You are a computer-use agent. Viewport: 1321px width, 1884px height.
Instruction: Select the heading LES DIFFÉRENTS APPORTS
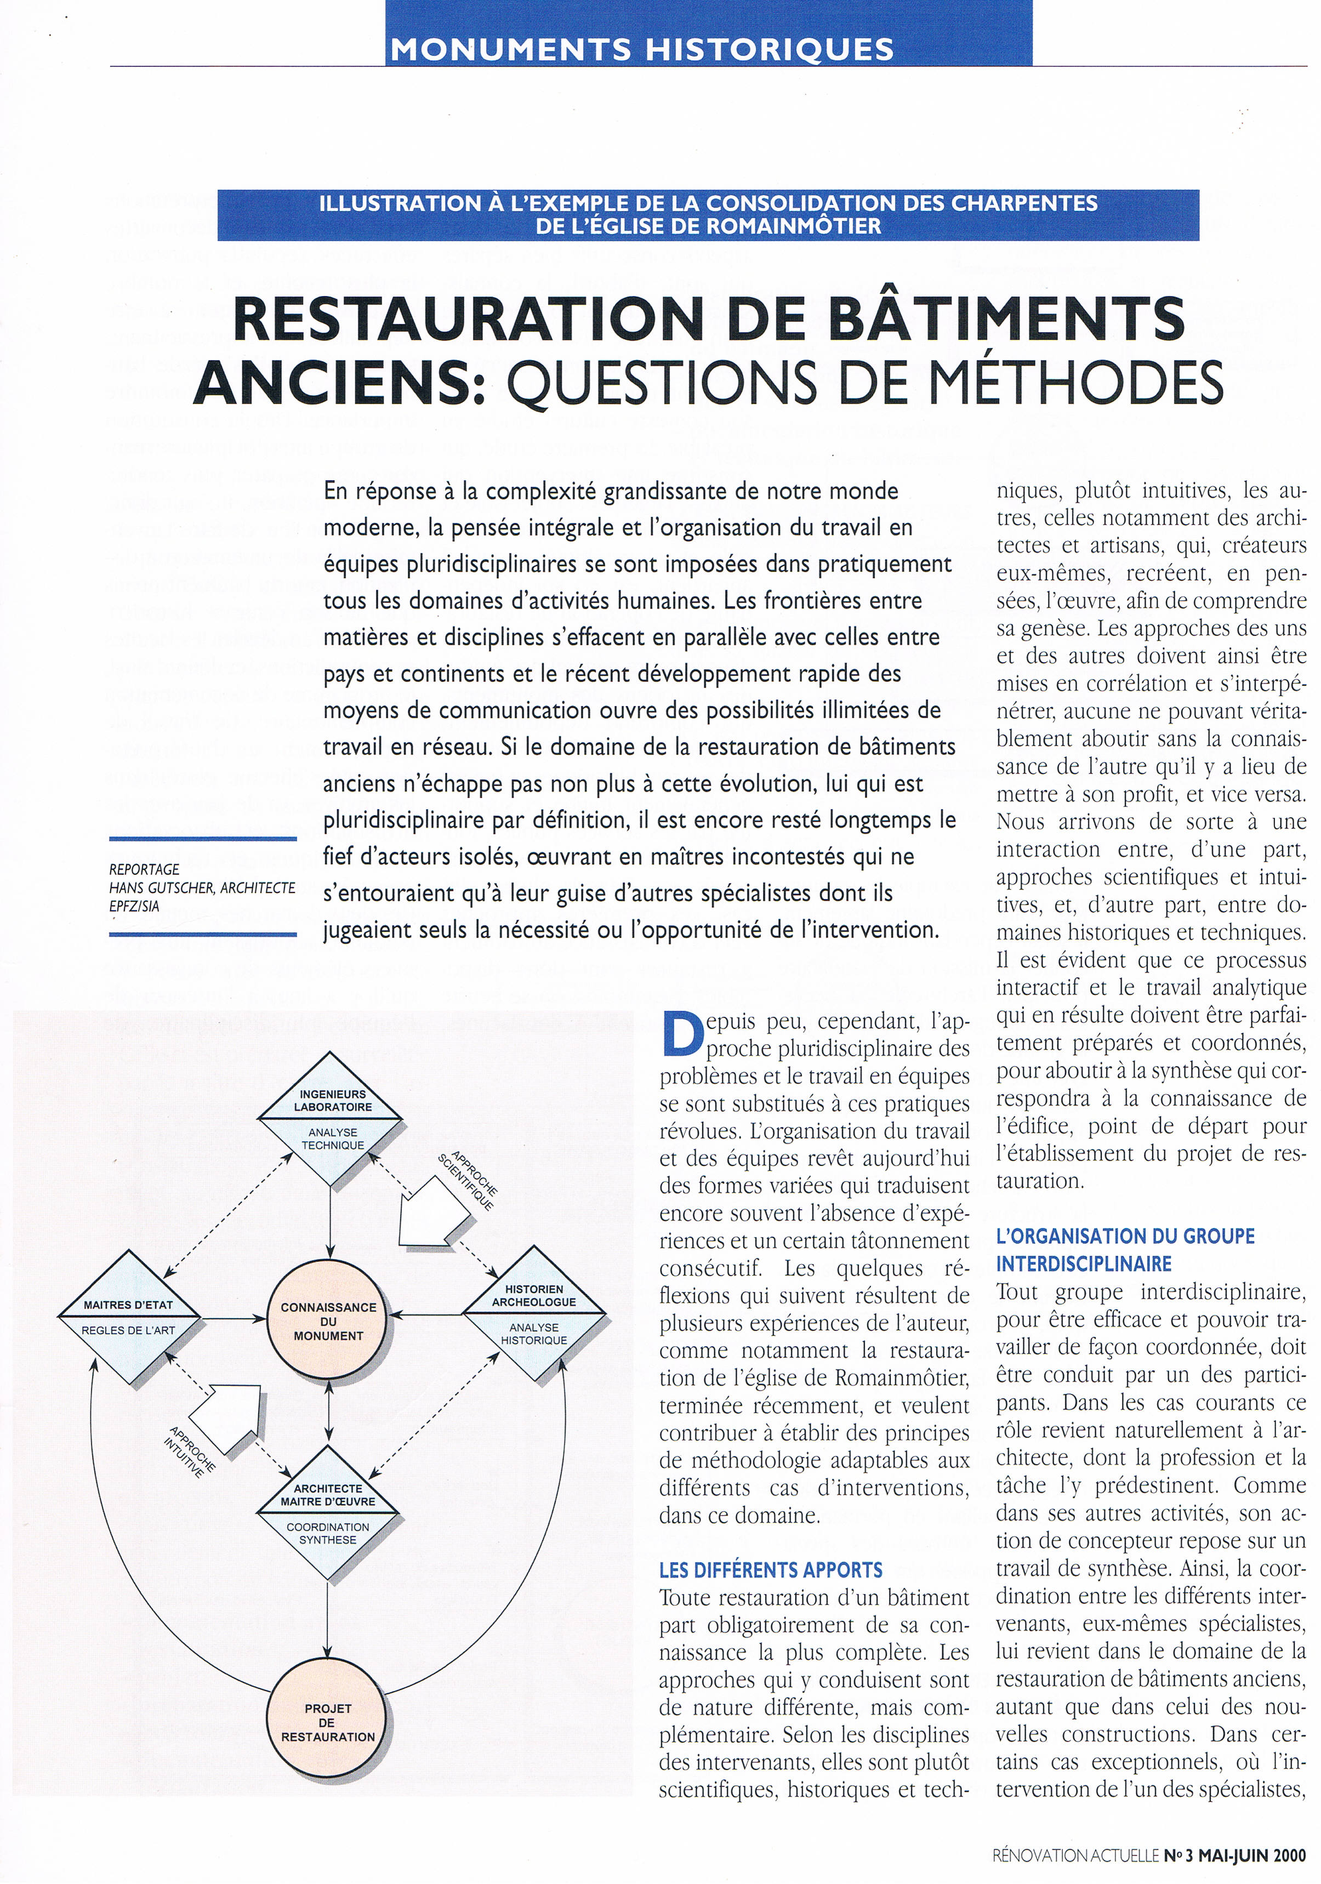[x=771, y=1570]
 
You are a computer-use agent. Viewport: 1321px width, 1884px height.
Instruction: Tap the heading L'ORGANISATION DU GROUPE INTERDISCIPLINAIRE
[x=1125, y=1249]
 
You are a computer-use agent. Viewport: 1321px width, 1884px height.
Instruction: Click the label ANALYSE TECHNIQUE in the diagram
[x=332, y=1139]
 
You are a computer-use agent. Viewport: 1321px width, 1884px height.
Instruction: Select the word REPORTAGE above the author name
[x=144, y=869]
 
